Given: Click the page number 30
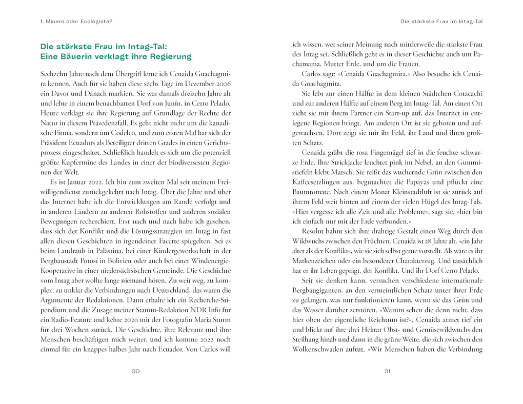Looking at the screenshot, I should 135,372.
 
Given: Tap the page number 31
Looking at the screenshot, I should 388,372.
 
